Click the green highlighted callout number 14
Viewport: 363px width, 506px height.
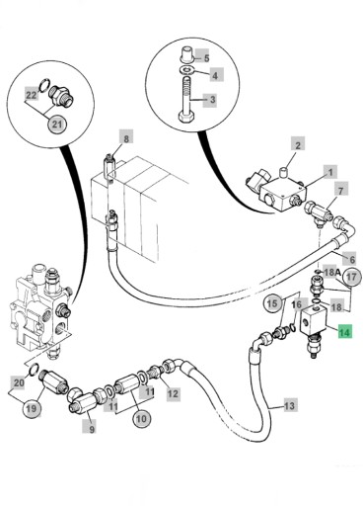pyautogui.click(x=344, y=332)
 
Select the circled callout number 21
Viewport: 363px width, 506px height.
pyautogui.click(x=57, y=125)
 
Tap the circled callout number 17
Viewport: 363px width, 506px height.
pyautogui.click(x=351, y=277)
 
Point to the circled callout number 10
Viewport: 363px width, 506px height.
pyautogui.click(x=141, y=419)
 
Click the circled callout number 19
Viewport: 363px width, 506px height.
pyautogui.click(x=32, y=409)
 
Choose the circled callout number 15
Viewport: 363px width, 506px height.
pyautogui.click(x=272, y=303)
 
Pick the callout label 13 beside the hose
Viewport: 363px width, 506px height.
pyautogui.click(x=290, y=405)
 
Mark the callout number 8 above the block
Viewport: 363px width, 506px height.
pyautogui.click(x=126, y=138)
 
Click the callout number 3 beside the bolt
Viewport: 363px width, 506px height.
pyautogui.click(x=212, y=100)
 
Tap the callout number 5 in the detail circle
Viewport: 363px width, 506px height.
pyautogui.click(x=206, y=58)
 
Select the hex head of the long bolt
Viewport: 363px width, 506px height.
pyautogui.click(x=183, y=118)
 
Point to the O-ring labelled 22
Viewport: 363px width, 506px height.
pyautogui.click(x=44, y=85)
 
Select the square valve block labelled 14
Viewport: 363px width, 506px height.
pyautogui.click(x=313, y=319)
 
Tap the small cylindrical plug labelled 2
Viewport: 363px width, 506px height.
pyautogui.click(x=283, y=171)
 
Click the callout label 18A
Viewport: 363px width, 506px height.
pyautogui.click(x=331, y=272)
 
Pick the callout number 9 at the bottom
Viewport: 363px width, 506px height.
pyautogui.click(x=92, y=429)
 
